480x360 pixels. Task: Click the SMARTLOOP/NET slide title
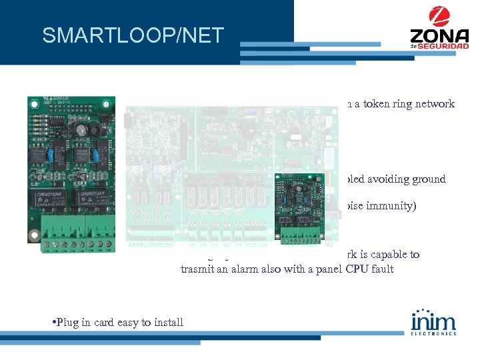click(x=133, y=35)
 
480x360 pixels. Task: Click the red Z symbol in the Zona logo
click(x=439, y=16)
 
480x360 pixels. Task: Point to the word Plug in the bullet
click(x=67, y=323)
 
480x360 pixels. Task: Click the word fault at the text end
click(x=382, y=269)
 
